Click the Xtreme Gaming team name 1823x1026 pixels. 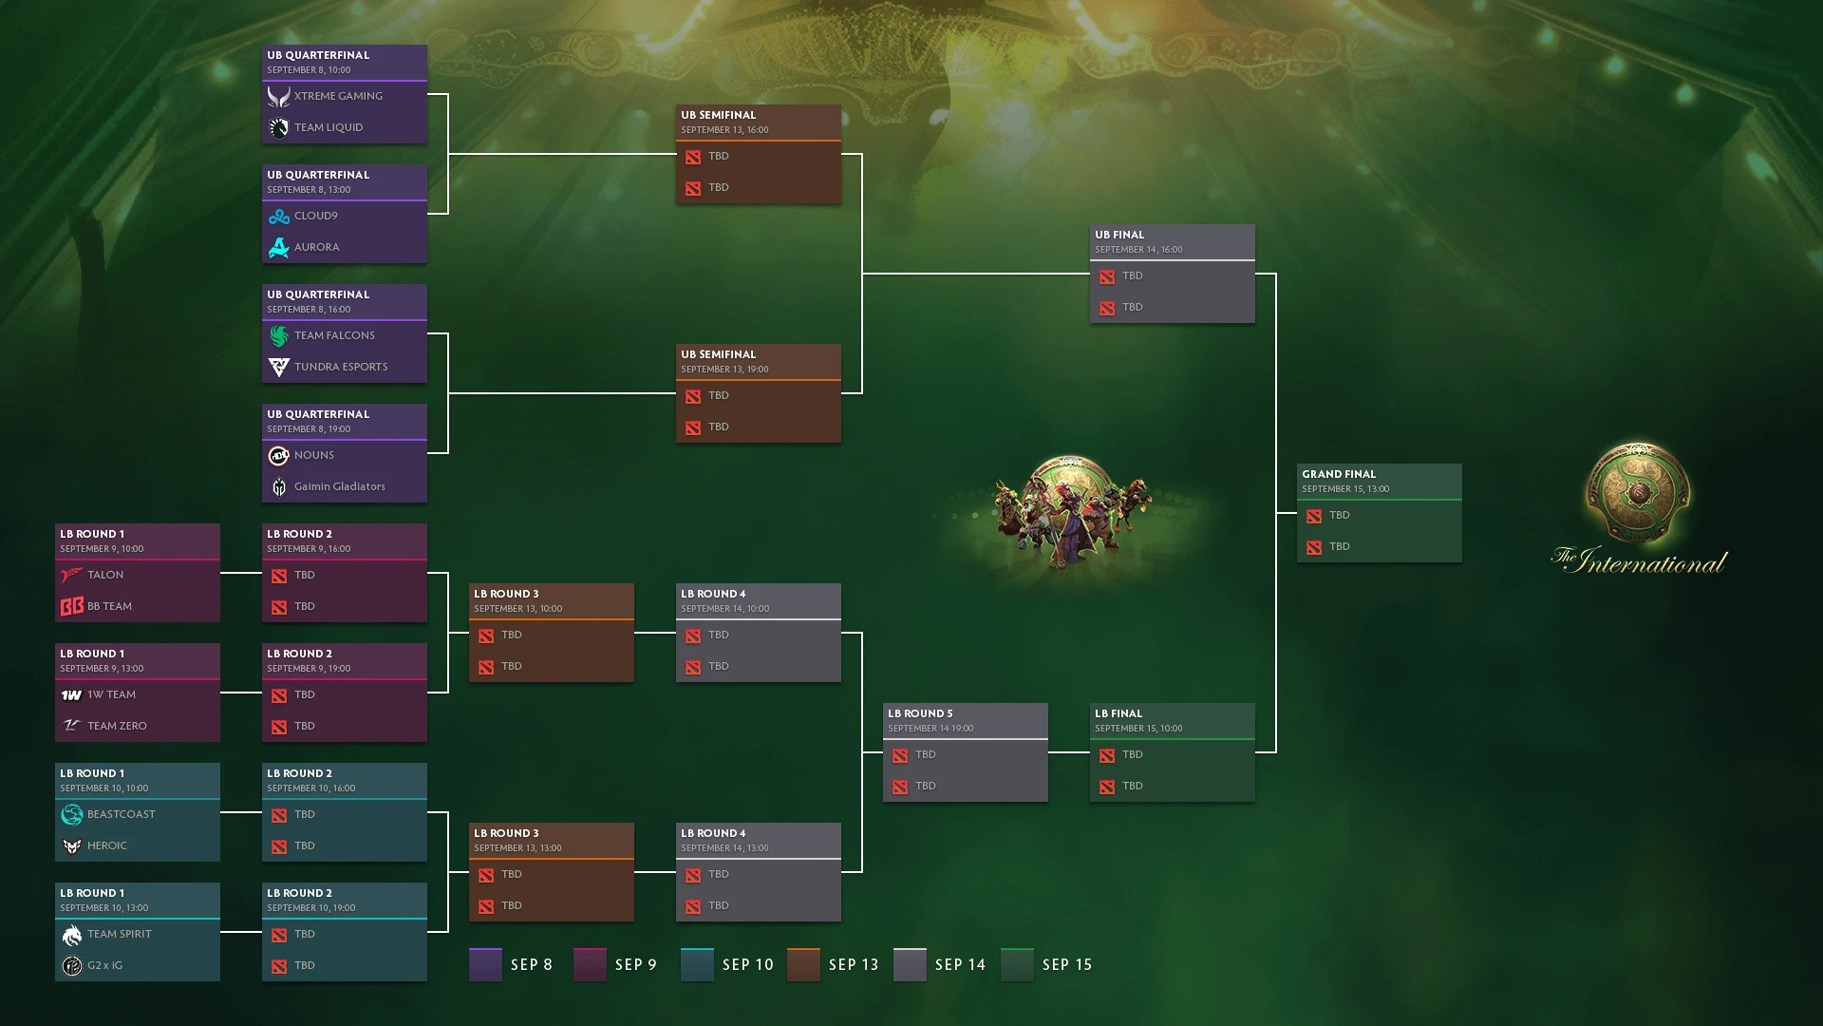pos(338,96)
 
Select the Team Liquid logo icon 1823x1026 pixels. pos(278,127)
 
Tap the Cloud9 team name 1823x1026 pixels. pos(315,216)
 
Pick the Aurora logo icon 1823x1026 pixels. pos(278,247)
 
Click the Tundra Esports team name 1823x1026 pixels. pos(341,367)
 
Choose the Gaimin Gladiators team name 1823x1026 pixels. pos(339,486)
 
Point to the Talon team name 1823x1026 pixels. pos(105,575)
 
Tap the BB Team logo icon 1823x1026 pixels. pos(71,606)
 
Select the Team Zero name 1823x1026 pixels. pos(117,726)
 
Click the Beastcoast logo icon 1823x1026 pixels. pos(71,814)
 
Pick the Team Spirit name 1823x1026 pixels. pos(120,934)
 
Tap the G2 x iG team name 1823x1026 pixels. pos(104,965)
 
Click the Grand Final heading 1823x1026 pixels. pos(1339,474)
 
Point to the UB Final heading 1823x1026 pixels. pos(1119,235)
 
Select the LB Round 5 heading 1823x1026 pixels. pos(920,713)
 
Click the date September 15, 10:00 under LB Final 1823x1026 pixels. pos(1138,729)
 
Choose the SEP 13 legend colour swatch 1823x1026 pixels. pos(803,964)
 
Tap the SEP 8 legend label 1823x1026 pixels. pos(532,964)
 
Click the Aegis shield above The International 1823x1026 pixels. pos(1638,493)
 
